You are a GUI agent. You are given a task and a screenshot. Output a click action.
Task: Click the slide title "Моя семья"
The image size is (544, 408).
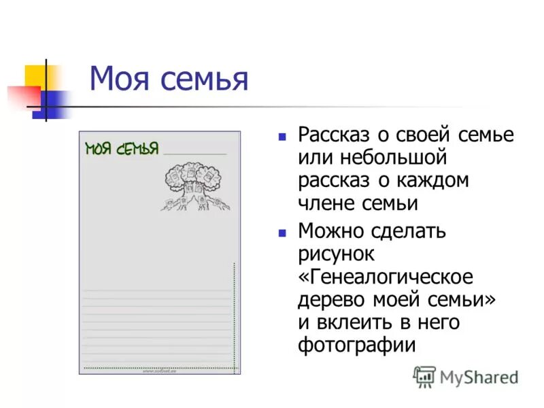click(169, 80)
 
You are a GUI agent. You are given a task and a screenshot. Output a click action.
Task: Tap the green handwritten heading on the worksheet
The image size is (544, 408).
click(122, 149)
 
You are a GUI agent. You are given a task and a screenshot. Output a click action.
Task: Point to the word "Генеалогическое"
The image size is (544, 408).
click(386, 277)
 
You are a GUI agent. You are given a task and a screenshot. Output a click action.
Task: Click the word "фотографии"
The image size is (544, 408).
click(356, 344)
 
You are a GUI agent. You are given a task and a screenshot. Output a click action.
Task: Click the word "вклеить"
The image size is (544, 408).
click(354, 322)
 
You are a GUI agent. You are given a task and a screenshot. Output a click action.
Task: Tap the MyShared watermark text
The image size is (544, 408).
click(479, 377)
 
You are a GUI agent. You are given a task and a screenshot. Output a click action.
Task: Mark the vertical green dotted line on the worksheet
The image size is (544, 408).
click(235, 316)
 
